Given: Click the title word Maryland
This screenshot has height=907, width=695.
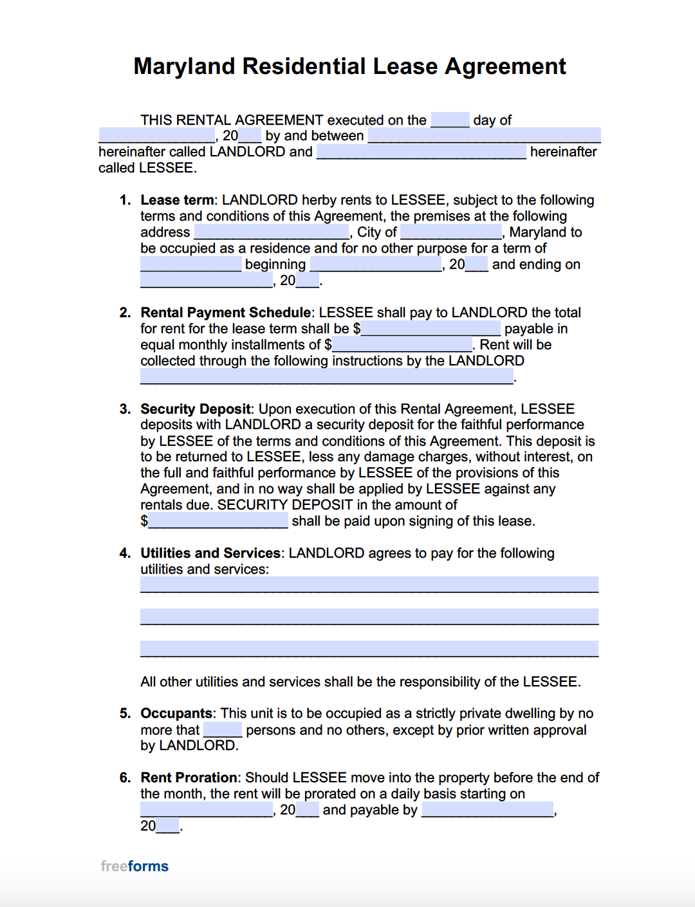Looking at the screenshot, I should click(185, 67).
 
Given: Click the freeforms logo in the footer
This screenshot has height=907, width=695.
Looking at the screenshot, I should click(134, 866).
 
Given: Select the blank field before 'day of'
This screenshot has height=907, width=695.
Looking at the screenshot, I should click(450, 120).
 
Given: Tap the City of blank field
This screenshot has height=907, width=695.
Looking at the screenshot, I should click(450, 232).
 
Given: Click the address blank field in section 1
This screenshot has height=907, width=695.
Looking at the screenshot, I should click(271, 232).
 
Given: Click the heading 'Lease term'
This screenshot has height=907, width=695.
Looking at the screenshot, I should click(177, 200).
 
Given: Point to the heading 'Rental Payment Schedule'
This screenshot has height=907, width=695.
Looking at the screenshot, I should click(226, 313).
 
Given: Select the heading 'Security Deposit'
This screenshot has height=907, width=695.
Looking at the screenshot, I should click(196, 409).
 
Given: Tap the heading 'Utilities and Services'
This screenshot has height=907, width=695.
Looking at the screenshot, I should click(210, 553).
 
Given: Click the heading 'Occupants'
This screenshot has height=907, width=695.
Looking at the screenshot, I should click(176, 713).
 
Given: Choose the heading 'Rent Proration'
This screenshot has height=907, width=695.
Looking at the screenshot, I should click(189, 778).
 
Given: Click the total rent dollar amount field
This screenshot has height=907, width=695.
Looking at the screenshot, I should click(431, 329).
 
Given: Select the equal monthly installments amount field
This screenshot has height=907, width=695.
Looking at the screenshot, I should click(402, 345).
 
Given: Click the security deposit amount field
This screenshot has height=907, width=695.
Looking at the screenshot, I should click(218, 521).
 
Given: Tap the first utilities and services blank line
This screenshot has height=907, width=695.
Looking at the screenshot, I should click(369, 584).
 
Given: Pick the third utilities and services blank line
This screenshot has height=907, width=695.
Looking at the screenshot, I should click(369, 648).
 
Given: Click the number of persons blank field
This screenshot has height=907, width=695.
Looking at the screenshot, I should click(223, 730).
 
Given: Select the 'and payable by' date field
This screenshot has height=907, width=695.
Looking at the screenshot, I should click(487, 810).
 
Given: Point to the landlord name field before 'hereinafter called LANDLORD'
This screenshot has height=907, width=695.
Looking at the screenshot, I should click(484, 136).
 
